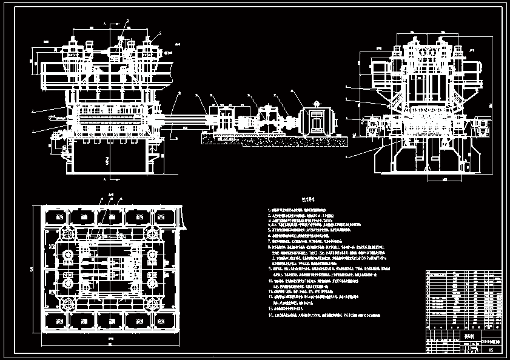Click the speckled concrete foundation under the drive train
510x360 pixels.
273,141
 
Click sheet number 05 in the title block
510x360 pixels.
490,350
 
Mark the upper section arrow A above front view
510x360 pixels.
105,24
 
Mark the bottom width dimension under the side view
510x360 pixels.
428,180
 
